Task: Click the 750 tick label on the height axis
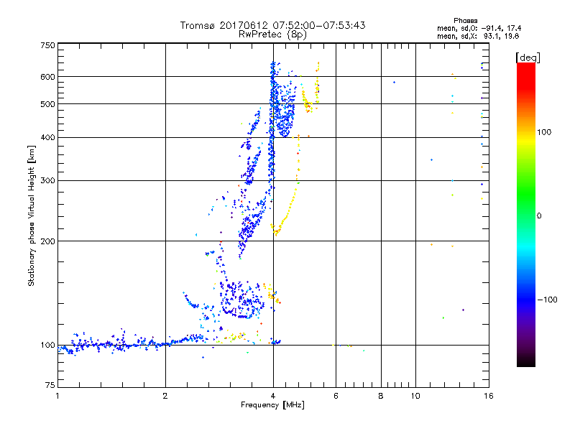point(47,45)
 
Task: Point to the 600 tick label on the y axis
point(47,77)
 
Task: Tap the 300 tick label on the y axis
point(47,180)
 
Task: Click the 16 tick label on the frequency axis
point(487,395)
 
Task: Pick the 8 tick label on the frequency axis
point(381,395)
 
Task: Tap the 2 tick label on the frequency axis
point(165,395)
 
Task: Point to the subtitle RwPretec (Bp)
point(272,34)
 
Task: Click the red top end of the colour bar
point(525,66)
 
